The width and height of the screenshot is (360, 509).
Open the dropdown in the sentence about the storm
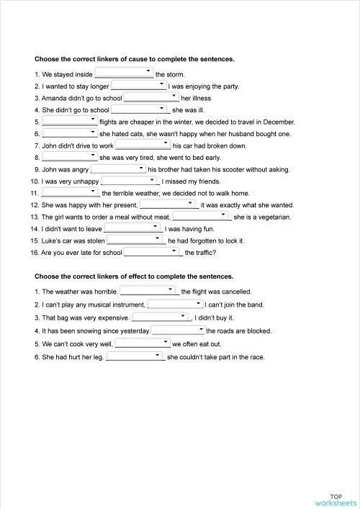pos(124,73)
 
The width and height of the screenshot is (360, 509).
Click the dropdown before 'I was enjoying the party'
pos(138,86)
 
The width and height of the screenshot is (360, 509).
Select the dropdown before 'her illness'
pos(151,97)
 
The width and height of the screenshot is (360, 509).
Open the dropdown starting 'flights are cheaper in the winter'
pos(69,122)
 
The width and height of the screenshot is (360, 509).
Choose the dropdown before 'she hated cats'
pos(69,133)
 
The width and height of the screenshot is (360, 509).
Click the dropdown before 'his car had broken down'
pos(143,145)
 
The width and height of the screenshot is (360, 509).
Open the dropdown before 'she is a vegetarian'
pos(201,216)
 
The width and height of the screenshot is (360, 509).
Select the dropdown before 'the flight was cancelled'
pos(149,292)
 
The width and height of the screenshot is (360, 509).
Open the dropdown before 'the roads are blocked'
pos(178,330)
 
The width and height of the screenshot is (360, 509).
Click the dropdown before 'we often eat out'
pos(142,343)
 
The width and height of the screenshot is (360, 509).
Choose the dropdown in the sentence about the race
pos(135,356)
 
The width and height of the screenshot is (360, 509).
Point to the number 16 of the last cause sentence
pos(34,253)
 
